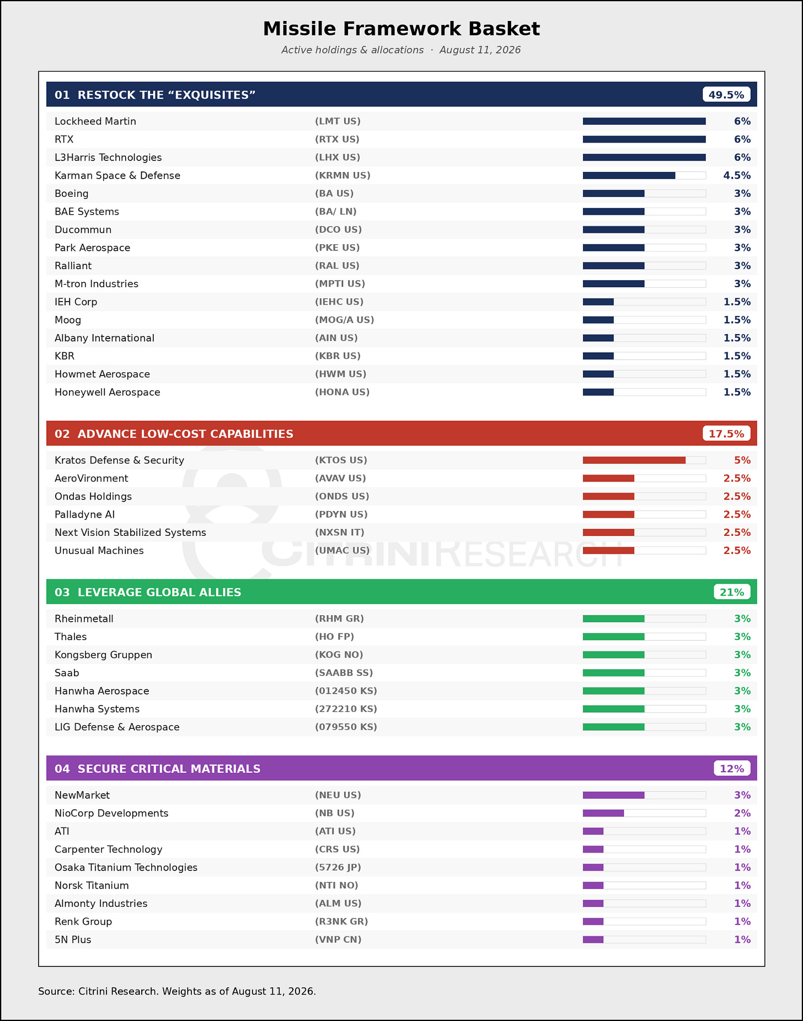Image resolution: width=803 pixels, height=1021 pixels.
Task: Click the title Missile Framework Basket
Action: click(x=401, y=29)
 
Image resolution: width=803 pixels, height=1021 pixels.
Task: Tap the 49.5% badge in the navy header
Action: click(x=726, y=95)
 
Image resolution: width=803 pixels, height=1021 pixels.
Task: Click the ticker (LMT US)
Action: click(x=338, y=121)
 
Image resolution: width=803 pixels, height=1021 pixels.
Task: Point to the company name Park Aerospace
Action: click(x=93, y=248)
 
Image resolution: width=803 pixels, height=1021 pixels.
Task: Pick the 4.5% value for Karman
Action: click(x=737, y=175)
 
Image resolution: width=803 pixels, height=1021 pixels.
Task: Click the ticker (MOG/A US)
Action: click(x=344, y=320)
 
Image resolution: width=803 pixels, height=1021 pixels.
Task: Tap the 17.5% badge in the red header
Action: click(x=726, y=434)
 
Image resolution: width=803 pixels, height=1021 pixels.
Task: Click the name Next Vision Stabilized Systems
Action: click(x=130, y=533)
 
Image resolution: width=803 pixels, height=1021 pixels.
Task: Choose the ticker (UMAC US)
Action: click(x=342, y=551)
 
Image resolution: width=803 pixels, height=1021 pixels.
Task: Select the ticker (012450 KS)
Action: click(x=346, y=691)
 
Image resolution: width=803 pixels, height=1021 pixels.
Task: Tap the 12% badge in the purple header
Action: click(x=732, y=769)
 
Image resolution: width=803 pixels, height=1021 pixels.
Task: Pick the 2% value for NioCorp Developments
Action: click(x=742, y=813)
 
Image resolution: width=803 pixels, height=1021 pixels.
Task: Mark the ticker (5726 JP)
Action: click(x=338, y=867)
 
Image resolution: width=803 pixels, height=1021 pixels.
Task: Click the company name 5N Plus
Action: click(x=73, y=939)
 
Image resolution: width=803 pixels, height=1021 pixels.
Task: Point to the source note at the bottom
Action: click(x=177, y=991)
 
